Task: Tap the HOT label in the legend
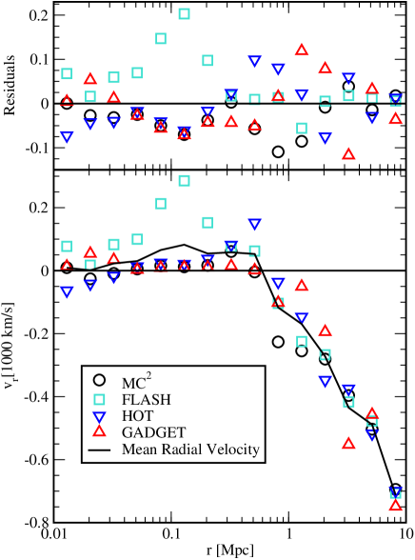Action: click(x=137, y=416)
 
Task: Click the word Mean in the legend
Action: click(x=139, y=449)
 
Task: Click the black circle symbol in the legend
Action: click(x=99, y=382)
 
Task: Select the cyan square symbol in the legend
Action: click(x=99, y=399)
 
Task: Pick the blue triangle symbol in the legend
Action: click(x=99, y=416)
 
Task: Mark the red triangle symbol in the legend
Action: click(x=99, y=431)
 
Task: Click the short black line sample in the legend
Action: click(x=99, y=449)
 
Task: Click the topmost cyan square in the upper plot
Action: click(x=184, y=13)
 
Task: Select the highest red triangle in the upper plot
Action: click(x=302, y=50)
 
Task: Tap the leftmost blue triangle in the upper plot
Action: click(x=67, y=137)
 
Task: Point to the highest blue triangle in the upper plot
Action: click(x=254, y=61)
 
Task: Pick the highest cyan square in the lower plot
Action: click(x=184, y=180)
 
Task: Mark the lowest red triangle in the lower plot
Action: click(x=395, y=505)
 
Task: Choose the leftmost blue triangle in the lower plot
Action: click(x=67, y=291)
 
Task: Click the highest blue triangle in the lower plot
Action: click(x=254, y=224)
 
